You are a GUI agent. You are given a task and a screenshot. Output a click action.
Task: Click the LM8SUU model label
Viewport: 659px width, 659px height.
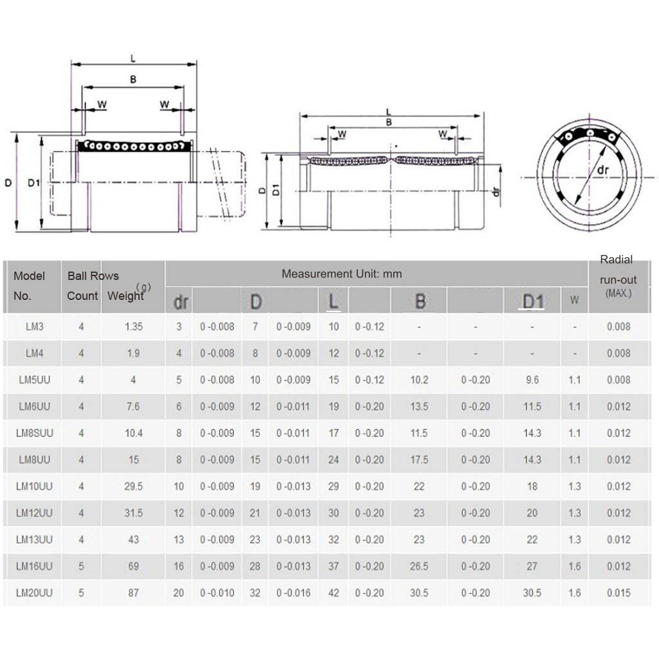coord(35,433)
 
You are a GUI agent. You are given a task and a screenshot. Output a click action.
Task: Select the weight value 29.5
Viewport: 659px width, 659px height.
coord(133,487)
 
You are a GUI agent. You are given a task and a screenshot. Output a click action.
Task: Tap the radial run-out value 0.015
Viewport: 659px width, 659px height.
coord(618,593)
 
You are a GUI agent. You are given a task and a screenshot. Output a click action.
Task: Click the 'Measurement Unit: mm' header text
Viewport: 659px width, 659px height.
coord(341,274)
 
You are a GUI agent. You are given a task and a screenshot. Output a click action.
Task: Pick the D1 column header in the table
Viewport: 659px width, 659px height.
coord(532,301)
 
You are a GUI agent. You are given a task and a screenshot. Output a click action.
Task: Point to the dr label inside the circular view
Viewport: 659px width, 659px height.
coord(602,171)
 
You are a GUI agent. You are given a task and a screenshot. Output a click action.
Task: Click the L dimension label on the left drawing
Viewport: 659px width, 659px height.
coord(133,59)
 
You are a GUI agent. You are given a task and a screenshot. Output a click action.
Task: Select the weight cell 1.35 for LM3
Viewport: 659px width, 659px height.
coord(133,326)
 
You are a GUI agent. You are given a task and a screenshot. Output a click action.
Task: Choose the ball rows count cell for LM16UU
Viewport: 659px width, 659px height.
coord(81,566)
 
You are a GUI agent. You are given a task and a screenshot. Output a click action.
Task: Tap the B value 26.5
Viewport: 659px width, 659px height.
coord(419,566)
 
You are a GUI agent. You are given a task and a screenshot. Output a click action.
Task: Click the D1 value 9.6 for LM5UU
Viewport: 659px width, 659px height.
coord(532,380)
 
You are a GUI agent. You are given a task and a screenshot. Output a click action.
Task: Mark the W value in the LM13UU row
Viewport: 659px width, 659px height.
coord(574,539)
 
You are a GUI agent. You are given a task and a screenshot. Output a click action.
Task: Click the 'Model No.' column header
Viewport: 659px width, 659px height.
coord(30,286)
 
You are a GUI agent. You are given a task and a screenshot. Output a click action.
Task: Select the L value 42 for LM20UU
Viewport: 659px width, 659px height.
coord(333,593)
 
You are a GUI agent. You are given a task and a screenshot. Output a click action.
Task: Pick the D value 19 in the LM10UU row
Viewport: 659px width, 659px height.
coord(255,487)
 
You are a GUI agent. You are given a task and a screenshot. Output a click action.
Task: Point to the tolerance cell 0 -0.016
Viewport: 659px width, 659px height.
coord(293,593)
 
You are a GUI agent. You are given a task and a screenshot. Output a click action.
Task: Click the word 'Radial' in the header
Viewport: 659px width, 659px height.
coord(616,260)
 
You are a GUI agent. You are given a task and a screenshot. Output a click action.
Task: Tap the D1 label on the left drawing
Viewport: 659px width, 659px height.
coord(34,183)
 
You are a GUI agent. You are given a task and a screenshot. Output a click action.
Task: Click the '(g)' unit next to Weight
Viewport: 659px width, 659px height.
coord(145,287)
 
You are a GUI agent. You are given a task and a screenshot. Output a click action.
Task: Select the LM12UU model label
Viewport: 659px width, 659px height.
coord(35,513)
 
